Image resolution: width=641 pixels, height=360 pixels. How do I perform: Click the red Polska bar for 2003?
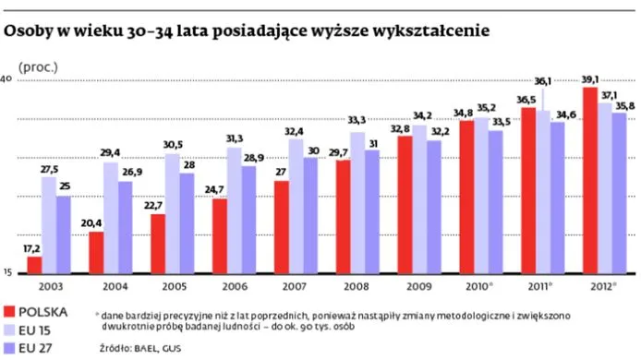(x=34, y=266)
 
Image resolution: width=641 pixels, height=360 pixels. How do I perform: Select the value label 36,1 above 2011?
(x=543, y=82)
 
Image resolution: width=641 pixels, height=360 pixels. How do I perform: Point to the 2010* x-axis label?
(x=482, y=287)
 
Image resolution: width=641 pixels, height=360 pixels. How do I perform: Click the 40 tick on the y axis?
(x=5, y=80)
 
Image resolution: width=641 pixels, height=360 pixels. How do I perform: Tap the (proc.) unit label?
(x=38, y=67)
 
